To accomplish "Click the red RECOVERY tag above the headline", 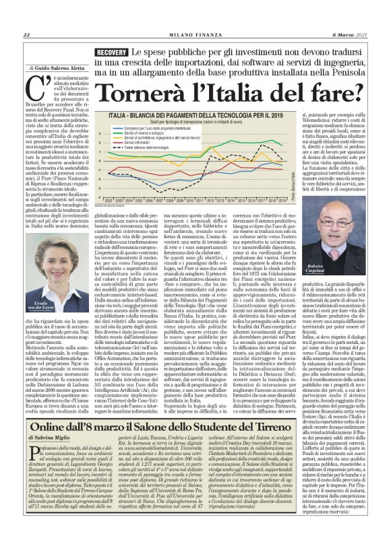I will (x=111, y=52).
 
